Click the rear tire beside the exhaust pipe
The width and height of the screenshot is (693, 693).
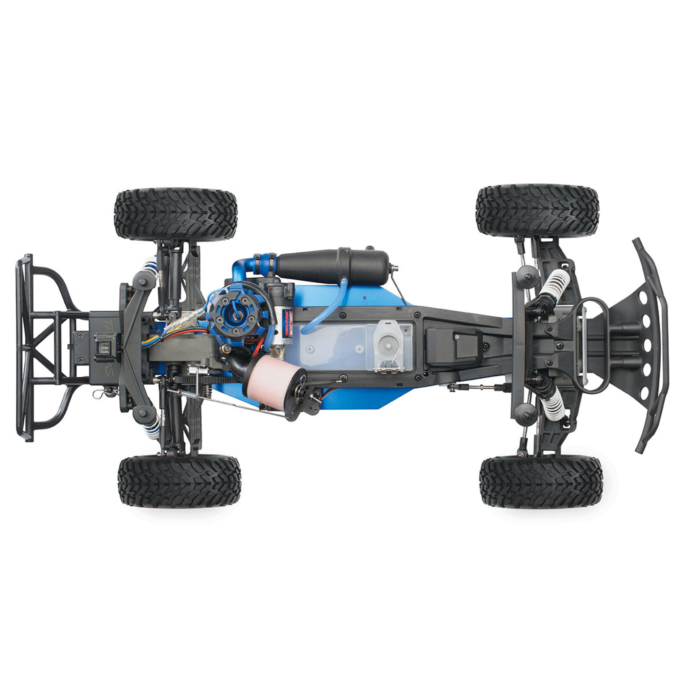(176, 214)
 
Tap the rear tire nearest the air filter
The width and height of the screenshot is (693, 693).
(179, 481)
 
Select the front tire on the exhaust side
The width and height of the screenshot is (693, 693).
(537, 211)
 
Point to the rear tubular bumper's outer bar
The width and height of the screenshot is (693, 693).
(18, 348)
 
